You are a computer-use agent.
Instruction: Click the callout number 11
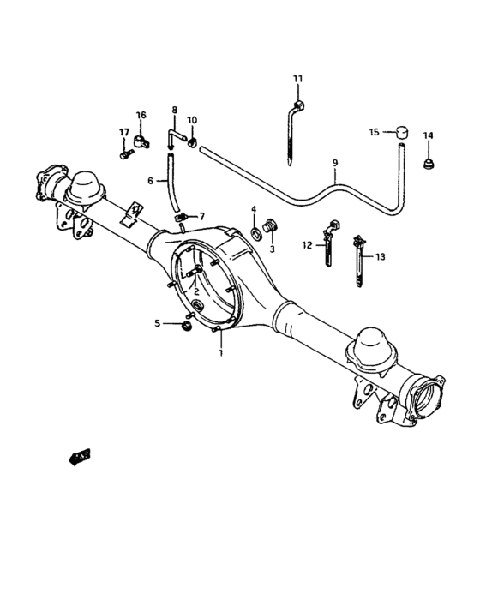click(x=297, y=79)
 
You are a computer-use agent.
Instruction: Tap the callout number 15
click(x=374, y=132)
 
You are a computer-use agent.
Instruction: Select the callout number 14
click(x=428, y=135)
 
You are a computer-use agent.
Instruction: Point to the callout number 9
click(x=334, y=162)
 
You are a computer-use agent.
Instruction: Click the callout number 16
click(x=141, y=115)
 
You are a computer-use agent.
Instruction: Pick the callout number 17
click(x=123, y=132)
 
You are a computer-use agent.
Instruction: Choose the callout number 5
click(x=157, y=322)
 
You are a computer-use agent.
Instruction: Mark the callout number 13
click(x=381, y=256)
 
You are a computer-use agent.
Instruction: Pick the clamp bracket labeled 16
click(x=143, y=137)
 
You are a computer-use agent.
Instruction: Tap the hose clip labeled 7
click(x=180, y=218)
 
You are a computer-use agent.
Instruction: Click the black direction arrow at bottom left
click(x=80, y=457)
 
